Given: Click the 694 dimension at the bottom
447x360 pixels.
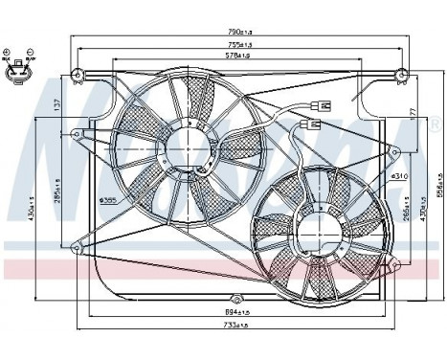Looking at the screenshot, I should click(x=235, y=311).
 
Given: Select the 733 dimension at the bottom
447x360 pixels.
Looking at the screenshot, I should click(x=235, y=326).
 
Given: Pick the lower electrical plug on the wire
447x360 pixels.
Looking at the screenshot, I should click(x=307, y=124).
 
